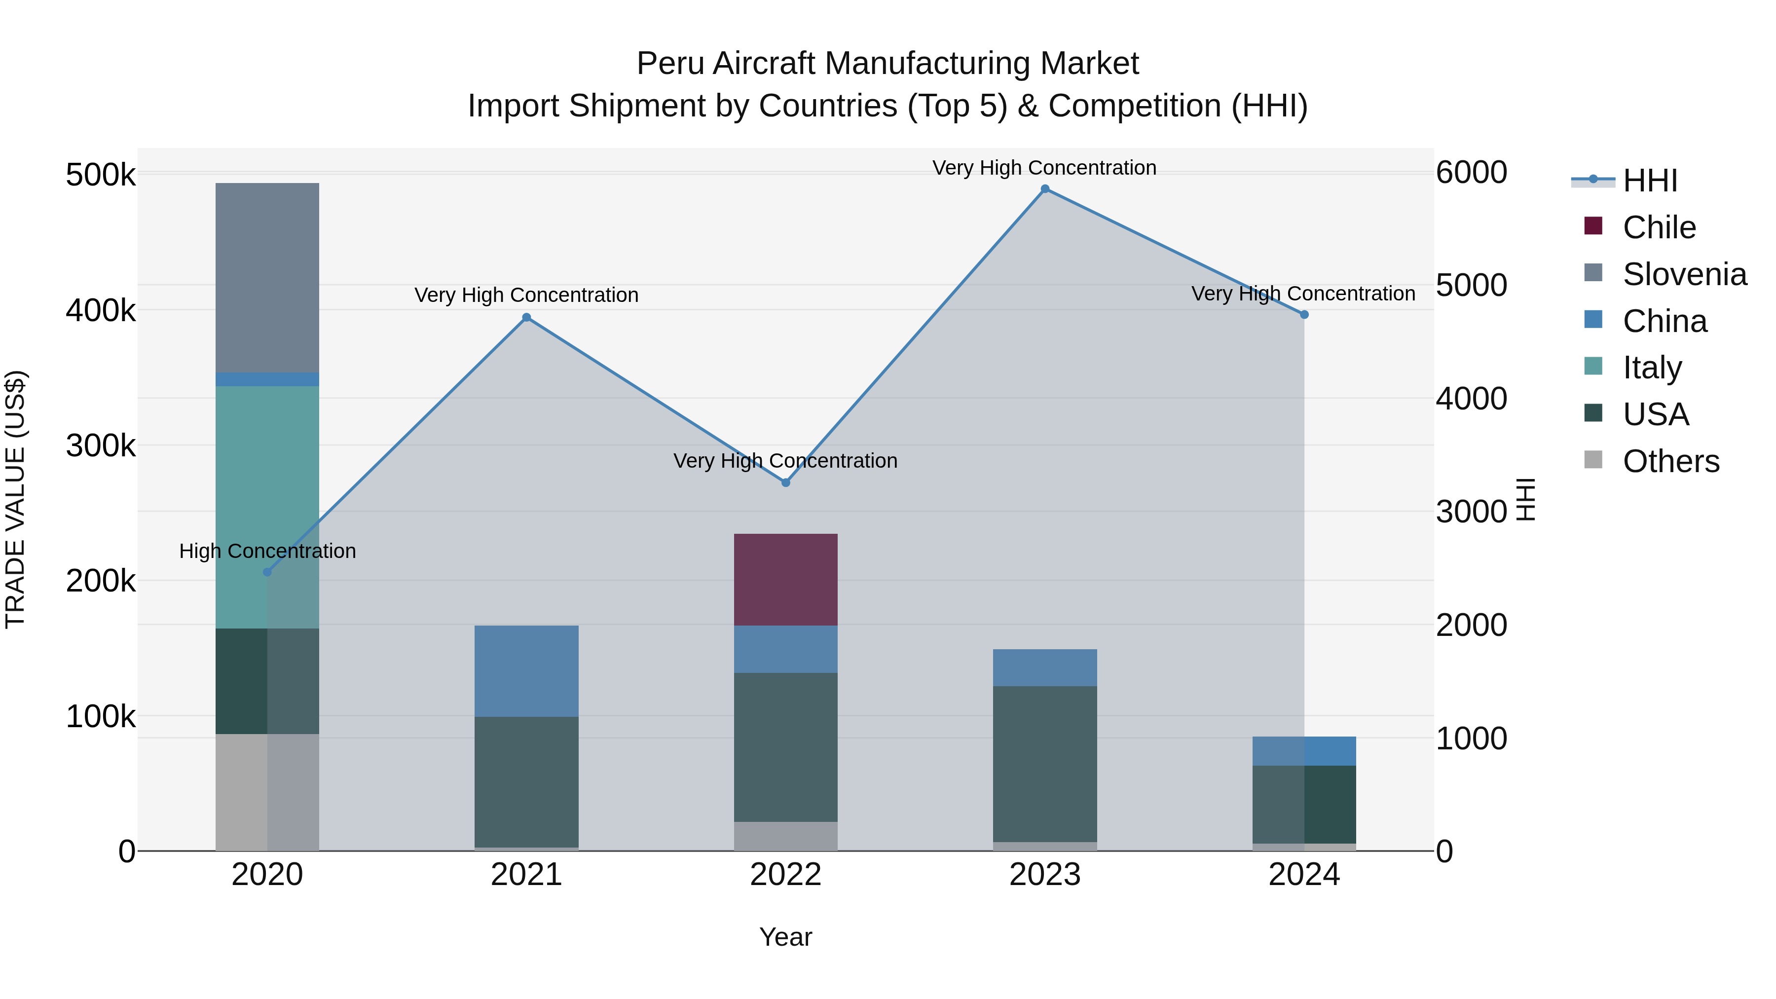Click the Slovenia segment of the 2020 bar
coord(267,277)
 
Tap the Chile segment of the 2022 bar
coord(785,579)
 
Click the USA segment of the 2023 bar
coord(1044,763)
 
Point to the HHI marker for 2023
coord(1044,189)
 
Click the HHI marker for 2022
coord(785,482)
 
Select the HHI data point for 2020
coord(267,572)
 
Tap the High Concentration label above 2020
coord(267,551)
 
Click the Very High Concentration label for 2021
coord(526,295)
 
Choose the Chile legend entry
coord(1658,227)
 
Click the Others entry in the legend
coord(1670,461)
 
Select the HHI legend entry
coord(1649,181)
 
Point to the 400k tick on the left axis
coord(101,310)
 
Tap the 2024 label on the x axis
coord(1304,875)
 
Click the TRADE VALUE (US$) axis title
coord(15,499)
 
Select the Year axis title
coord(785,937)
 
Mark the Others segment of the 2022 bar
coord(785,836)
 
